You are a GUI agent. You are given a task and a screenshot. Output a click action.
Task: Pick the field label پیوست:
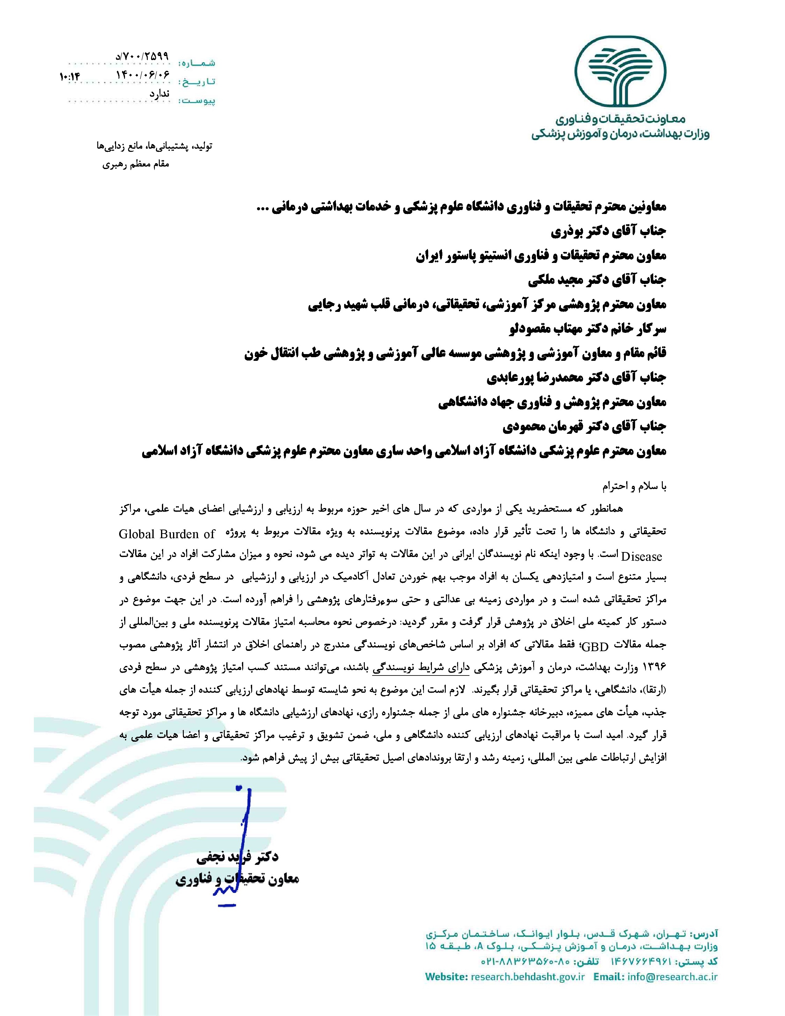198,100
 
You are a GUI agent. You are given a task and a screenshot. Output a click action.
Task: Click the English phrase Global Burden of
167,534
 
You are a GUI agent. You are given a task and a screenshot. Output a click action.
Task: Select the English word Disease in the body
641,556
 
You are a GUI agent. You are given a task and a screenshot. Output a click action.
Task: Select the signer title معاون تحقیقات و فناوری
237,879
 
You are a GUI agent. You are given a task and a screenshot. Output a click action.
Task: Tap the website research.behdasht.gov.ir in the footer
527,977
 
